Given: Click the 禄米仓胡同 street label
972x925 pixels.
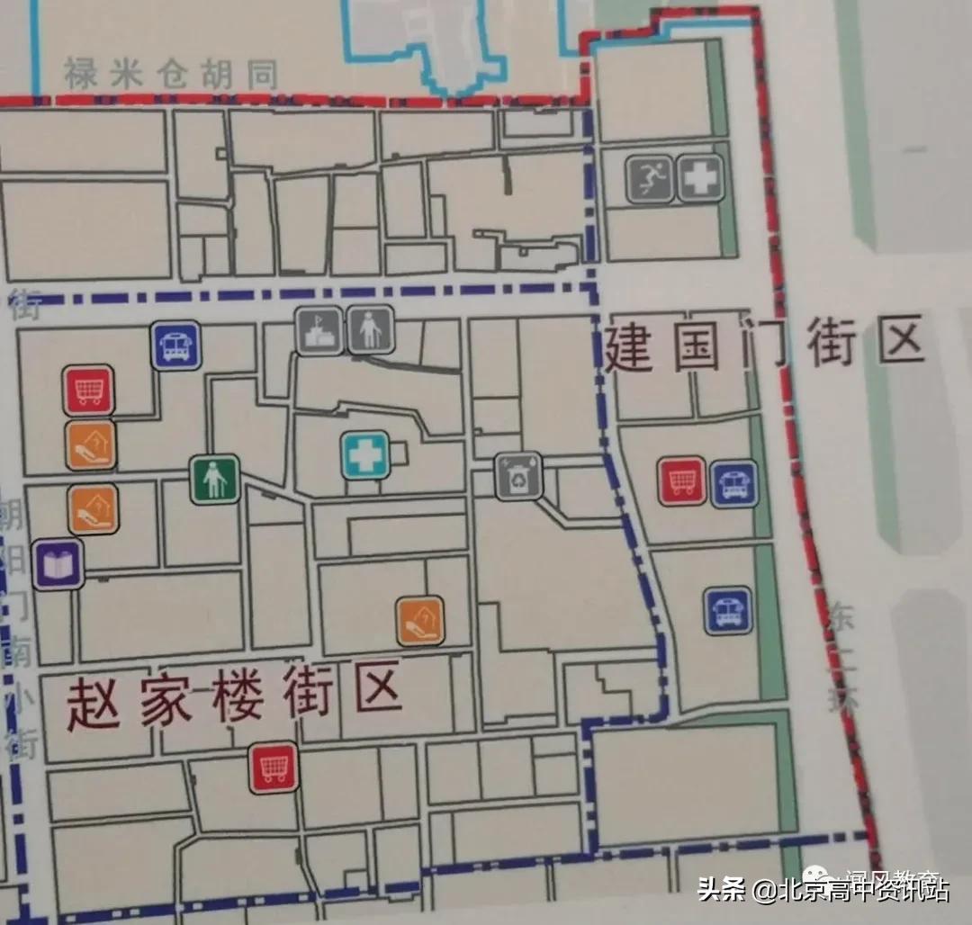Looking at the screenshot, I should (x=170, y=75).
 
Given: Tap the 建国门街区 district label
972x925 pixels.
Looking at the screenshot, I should (x=764, y=346).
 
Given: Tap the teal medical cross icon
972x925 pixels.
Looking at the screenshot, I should (x=365, y=454).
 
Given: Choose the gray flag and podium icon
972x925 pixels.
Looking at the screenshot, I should (x=319, y=330).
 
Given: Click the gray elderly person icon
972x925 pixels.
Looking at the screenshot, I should (x=370, y=330).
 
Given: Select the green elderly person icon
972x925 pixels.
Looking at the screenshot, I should (x=214, y=479).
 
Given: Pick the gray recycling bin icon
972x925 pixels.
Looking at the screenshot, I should (x=517, y=476).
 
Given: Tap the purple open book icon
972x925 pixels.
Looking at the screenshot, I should (x=58, y=564).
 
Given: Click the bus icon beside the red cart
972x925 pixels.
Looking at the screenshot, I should (x=734, y=482).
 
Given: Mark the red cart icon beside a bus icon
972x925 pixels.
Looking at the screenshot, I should (x=682, y=480).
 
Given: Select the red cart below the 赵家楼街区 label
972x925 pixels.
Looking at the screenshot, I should (x=274, y=767).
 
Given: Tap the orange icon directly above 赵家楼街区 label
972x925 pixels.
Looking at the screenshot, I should (x=420, y=621).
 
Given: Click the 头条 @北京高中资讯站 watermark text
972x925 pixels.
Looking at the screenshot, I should (x=823, y=891).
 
